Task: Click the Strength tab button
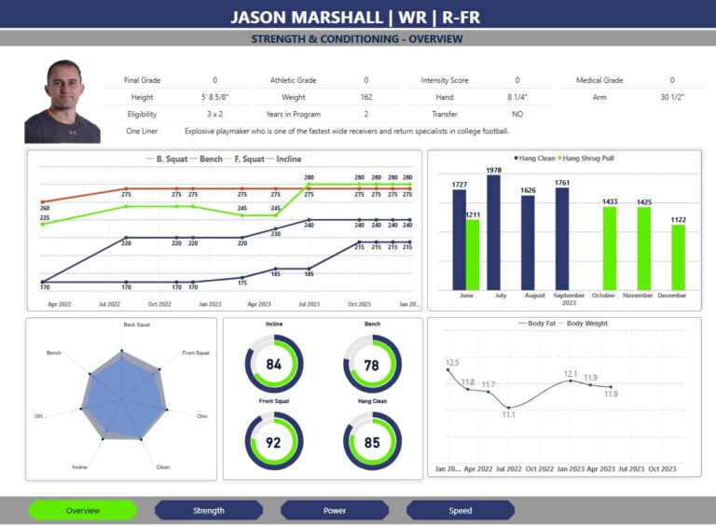209,510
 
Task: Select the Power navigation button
334,510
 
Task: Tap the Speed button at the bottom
461,510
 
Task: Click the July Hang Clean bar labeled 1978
493,233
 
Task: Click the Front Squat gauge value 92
273,443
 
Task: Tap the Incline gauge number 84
273,365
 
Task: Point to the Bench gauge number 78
372,365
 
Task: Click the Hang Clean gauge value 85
372,443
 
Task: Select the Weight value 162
365,97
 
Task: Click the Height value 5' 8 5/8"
214,97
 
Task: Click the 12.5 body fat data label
452,363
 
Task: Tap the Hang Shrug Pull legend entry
588,159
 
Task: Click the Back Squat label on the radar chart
136,325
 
